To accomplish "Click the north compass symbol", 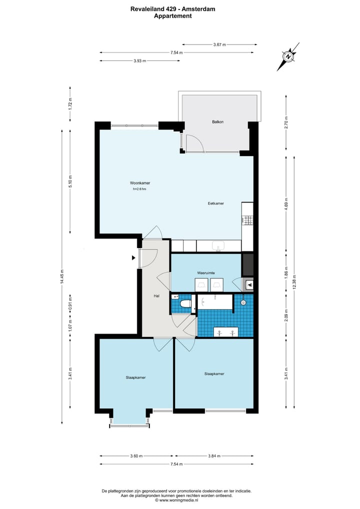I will (x=288, y=56).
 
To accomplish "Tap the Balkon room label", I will (x=217, y=121).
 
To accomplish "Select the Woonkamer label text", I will (x=140, y=183).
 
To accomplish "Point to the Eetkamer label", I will (x=216, y=203).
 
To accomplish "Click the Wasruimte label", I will (x=206, y=273).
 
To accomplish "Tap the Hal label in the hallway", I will (x=156, y=296).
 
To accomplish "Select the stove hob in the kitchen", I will (x=248, y=219).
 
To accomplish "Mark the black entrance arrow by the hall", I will (x=133, y=258).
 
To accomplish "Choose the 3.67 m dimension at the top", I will (x=219, y=44).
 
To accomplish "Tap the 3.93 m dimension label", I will (x=139, y=61).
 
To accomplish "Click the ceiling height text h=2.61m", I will (x=140, y=189).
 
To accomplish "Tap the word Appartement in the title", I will (x=172, y=16).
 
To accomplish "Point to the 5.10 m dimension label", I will (x=70, y=180).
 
